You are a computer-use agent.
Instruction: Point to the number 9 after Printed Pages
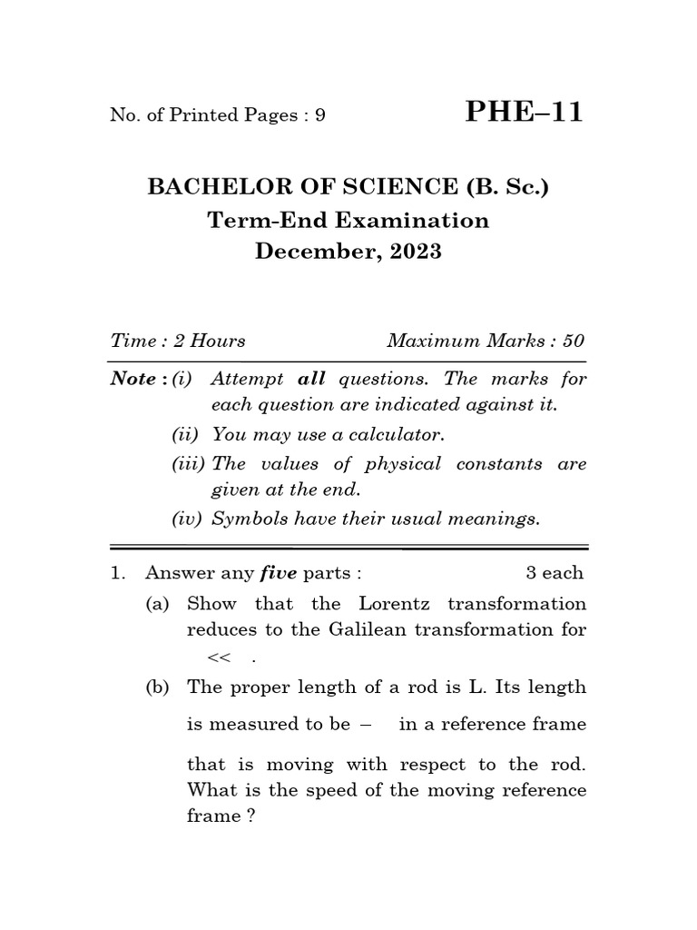[320, 115]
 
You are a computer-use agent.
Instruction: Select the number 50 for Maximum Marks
[574, 341]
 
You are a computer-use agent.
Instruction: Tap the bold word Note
[133, 379]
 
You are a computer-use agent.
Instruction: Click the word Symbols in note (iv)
[242, 519]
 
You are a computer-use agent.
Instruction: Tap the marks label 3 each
[555, 573]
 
